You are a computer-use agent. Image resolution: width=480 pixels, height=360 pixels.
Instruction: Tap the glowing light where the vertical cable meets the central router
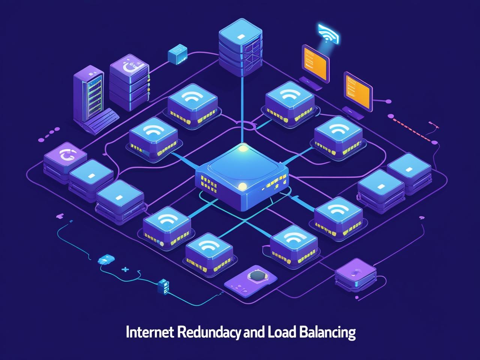click(243, 148)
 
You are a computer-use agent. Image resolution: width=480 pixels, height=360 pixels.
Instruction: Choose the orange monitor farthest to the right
click(358, 90)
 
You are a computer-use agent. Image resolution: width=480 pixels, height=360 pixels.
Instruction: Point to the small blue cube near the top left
click(177, 54)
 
